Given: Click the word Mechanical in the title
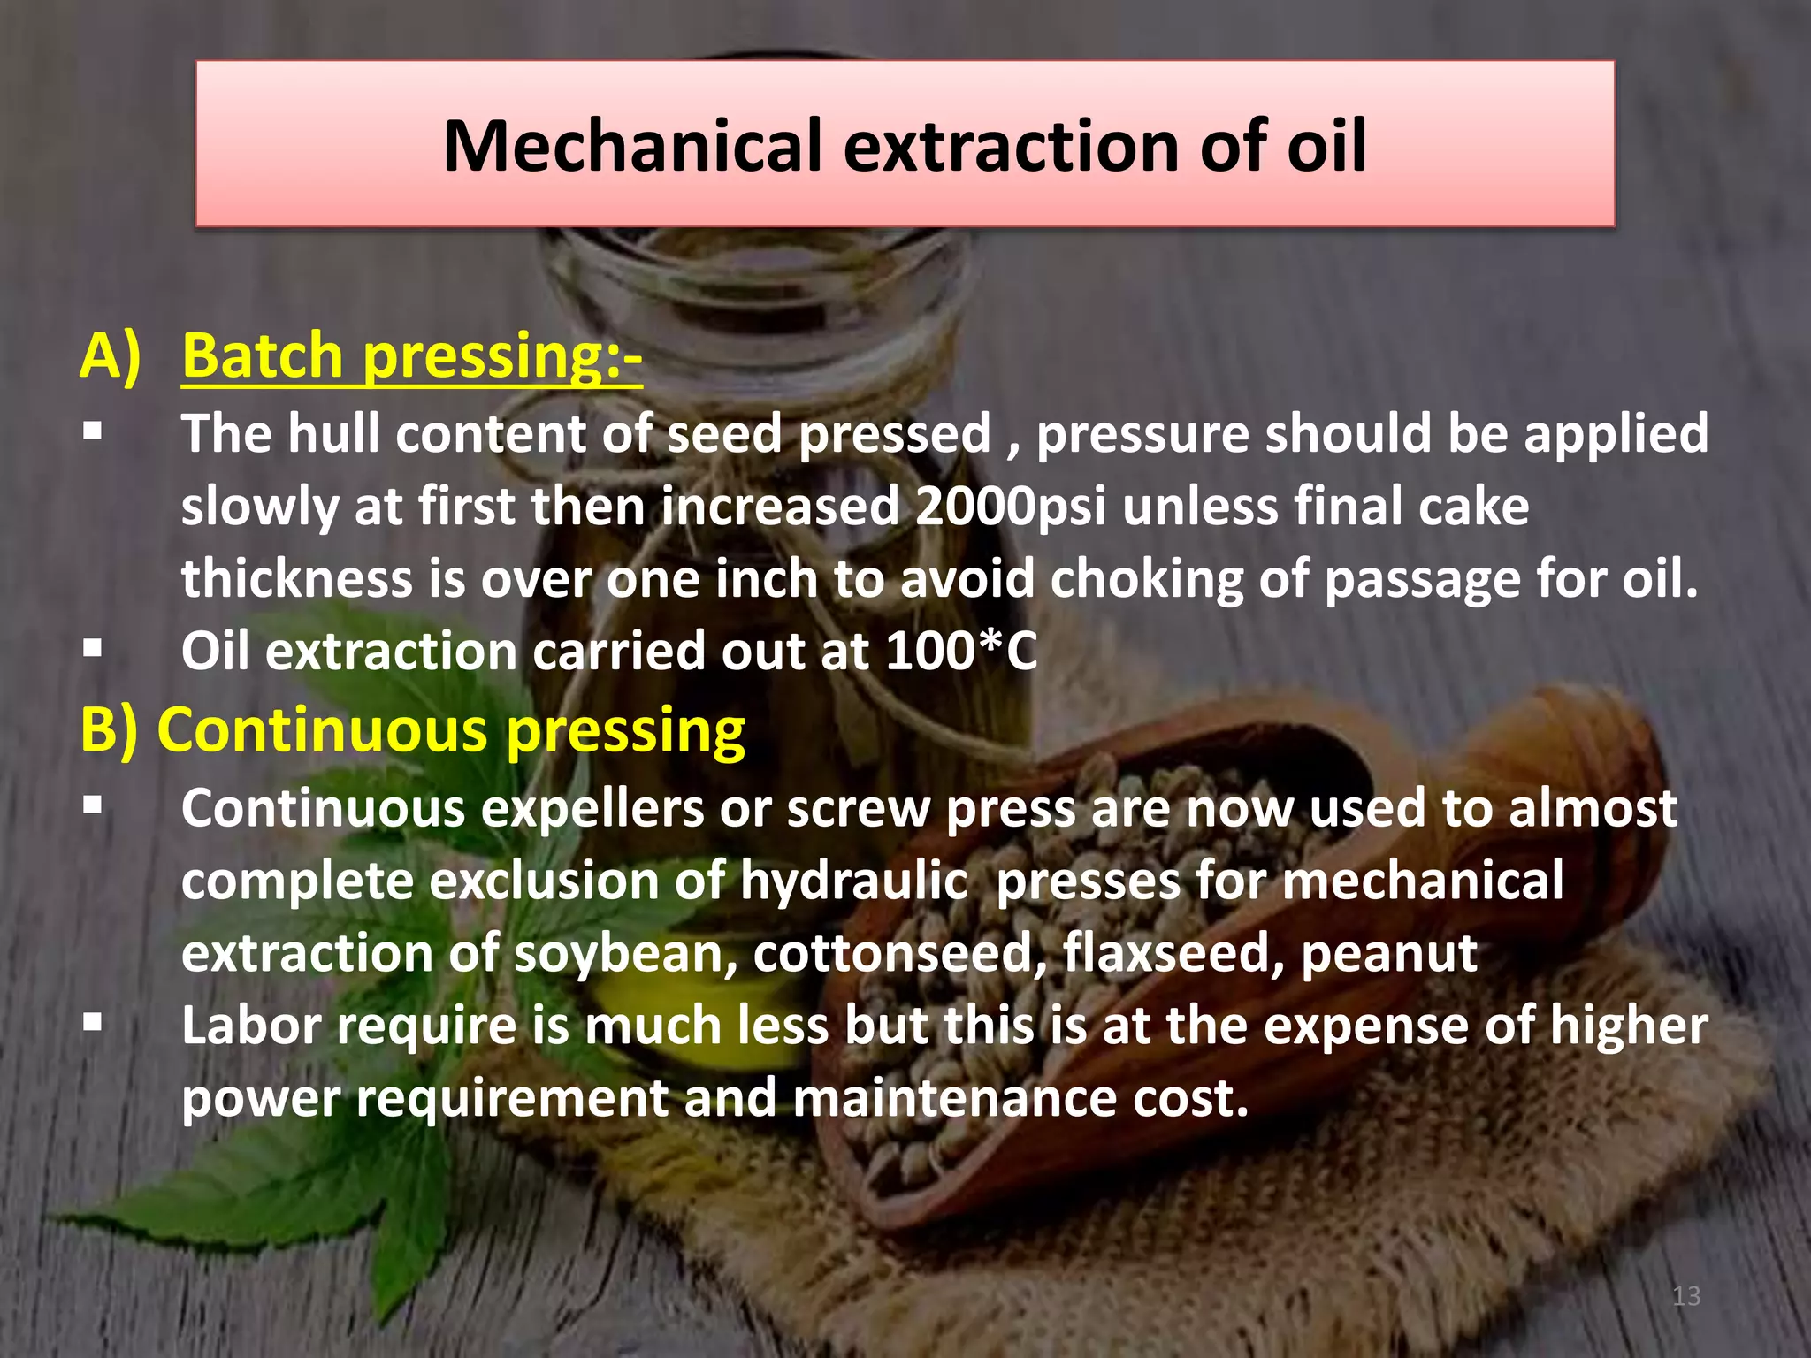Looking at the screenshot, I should (633, 146).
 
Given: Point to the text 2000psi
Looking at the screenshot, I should (1010, 507).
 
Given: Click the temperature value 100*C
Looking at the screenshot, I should (961, 652).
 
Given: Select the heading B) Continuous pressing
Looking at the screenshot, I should (412, 730).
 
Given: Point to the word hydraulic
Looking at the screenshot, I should (853, 881).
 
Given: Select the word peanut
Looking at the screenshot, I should (1388, 954).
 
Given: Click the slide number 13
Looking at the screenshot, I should (1686, 1296).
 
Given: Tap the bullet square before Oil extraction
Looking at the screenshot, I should (93, 650).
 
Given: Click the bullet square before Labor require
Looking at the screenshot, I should (93, 1025).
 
